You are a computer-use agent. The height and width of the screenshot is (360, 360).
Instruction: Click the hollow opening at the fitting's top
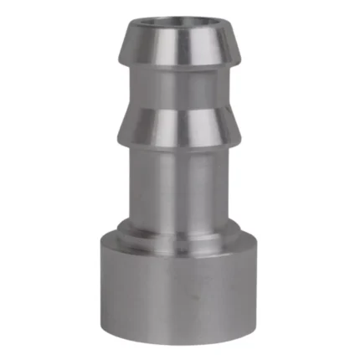click(x=180, y=23)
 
